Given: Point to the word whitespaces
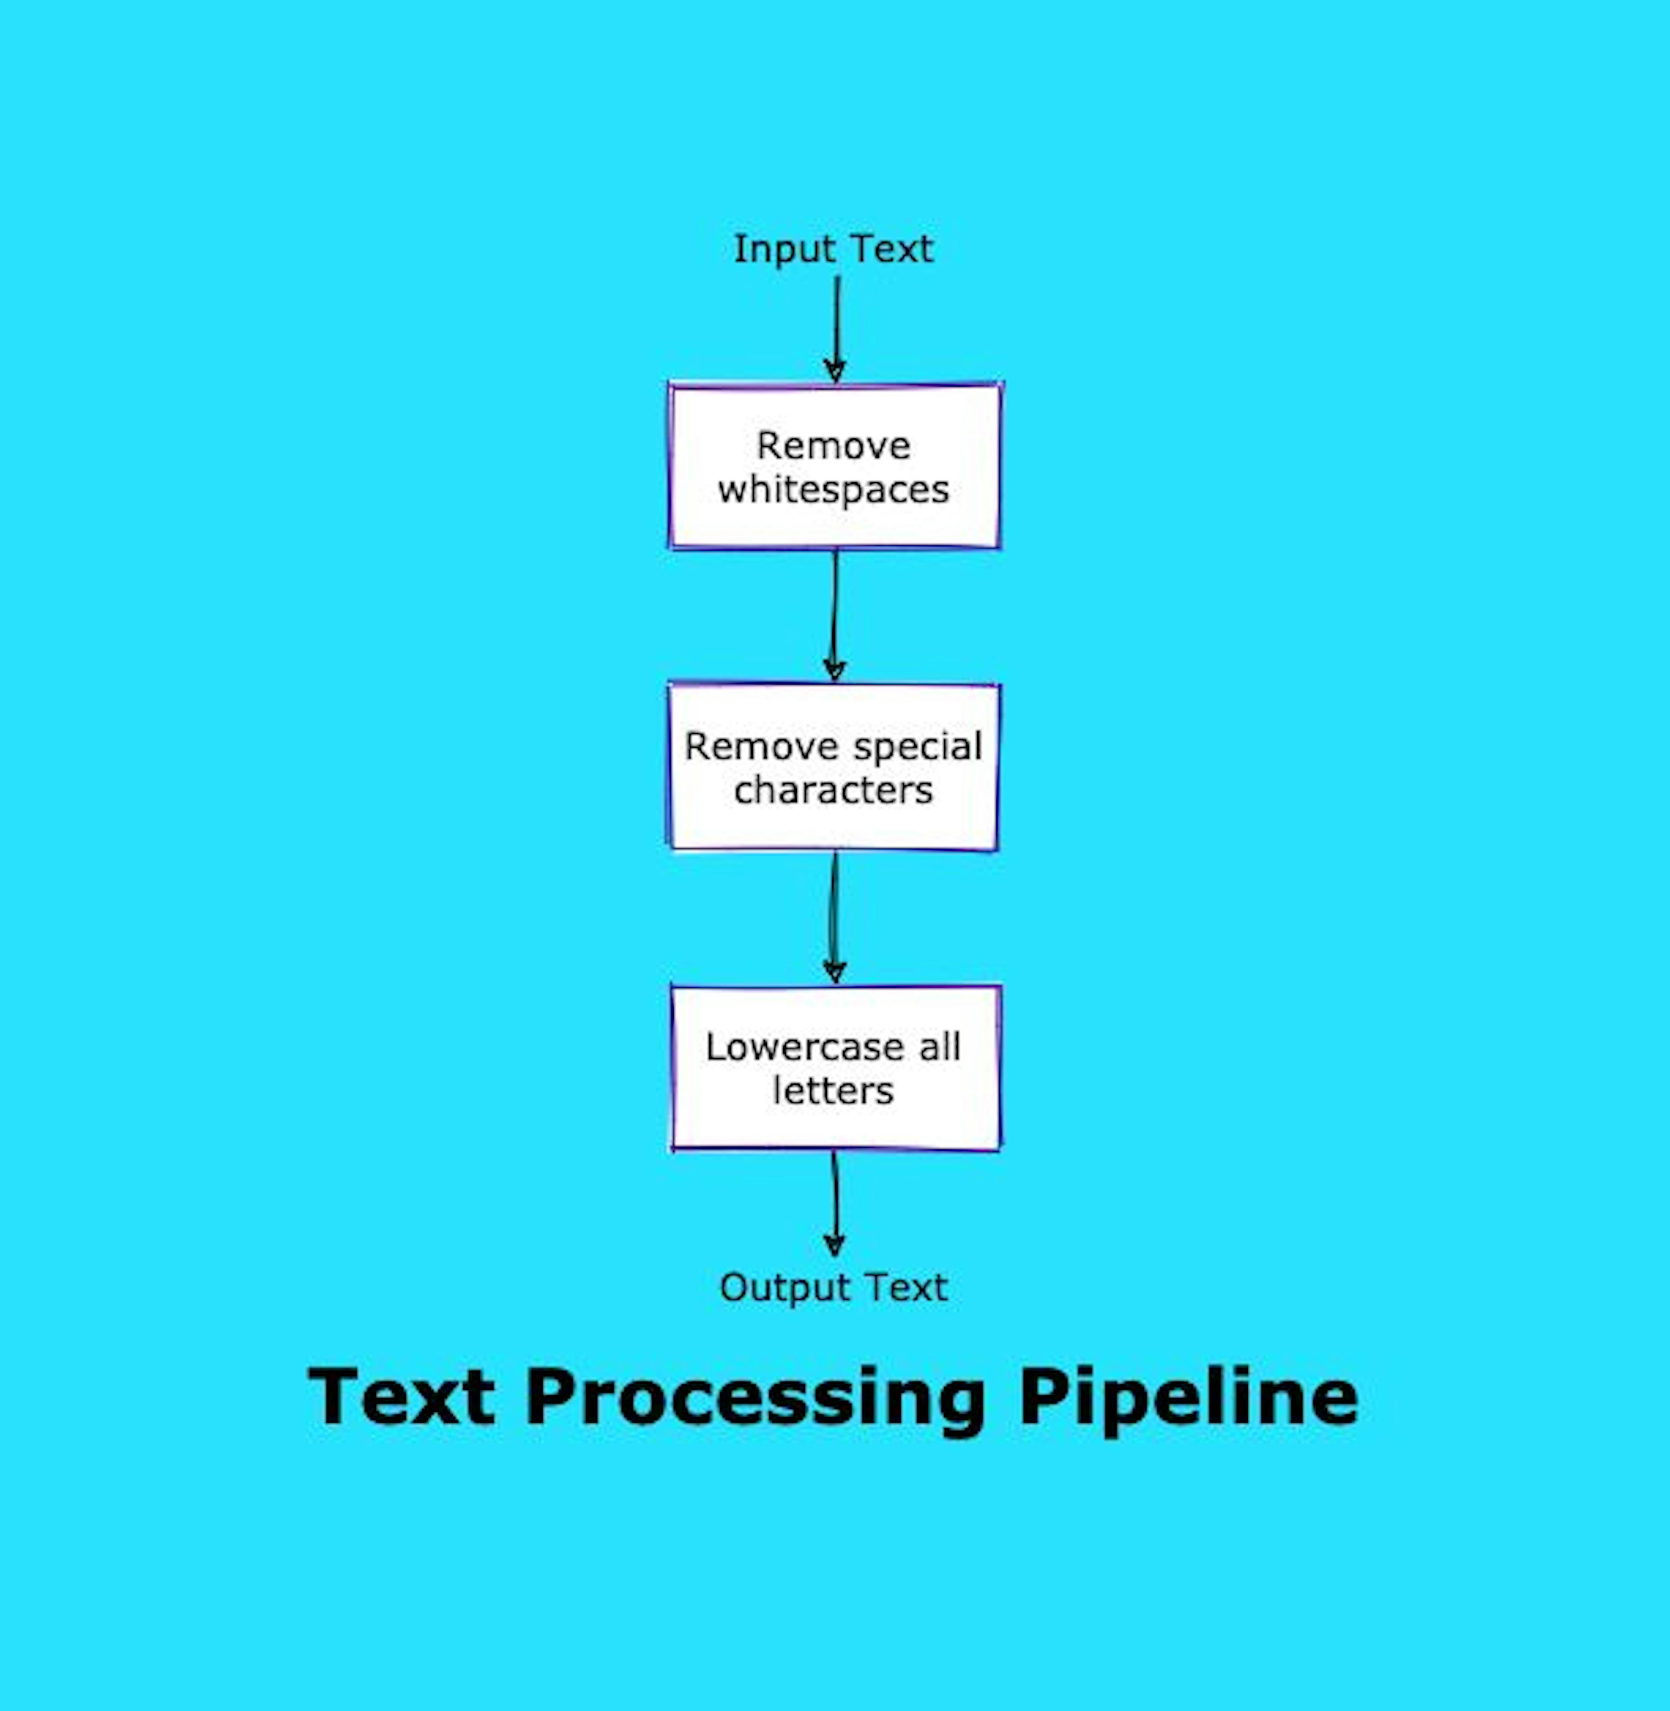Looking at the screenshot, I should coord(833,489).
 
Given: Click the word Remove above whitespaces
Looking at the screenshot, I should coord(833,445).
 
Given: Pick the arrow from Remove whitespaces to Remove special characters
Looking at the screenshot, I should coord(834,614).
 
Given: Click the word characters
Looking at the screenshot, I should coord(833,790).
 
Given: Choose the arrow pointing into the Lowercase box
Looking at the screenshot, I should coord(833,916).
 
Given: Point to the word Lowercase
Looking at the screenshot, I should coord(804,1046).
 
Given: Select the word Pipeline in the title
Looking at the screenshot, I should coord(1189,1397).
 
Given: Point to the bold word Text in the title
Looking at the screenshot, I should coord(402,1397).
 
